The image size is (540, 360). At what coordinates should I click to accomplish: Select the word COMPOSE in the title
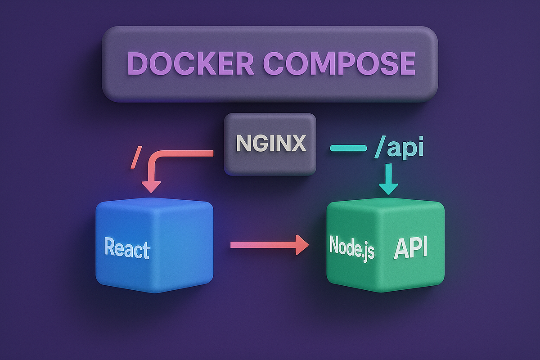pos(339,63)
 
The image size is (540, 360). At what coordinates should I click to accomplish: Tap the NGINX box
pos(270,144)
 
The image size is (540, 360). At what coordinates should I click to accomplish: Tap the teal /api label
pos(399,149)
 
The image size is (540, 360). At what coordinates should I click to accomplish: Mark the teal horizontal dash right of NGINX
pos(349,148)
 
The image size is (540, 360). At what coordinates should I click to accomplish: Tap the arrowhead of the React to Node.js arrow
pos(301,245)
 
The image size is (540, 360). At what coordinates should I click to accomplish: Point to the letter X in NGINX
pos(297,144)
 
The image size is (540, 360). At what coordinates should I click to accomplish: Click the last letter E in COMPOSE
pos(405,63)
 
